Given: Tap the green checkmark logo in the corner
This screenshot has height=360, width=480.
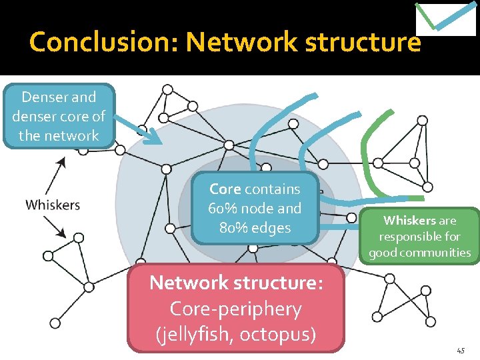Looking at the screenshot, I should click(x=445, y=18).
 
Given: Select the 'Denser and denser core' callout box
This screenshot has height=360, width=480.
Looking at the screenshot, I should click(x=59, y=116).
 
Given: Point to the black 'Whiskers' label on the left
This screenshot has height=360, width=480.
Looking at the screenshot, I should click(x=53, y=205).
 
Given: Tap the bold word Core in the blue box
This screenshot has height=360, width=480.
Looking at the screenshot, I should click(x=225, y=189).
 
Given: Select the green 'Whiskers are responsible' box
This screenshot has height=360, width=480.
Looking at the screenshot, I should click(x=420, y=237).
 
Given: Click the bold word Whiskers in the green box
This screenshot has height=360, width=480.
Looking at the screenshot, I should click(x=409, y=221).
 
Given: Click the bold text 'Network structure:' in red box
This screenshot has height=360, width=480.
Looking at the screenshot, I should click(x=236, y=283).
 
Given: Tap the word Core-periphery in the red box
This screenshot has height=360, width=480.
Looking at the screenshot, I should click(x=236, y=309).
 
